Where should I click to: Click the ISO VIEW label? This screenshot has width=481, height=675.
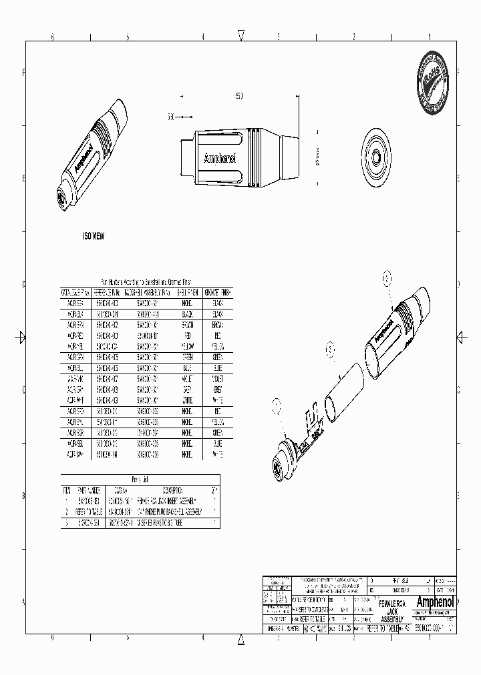point(93,237)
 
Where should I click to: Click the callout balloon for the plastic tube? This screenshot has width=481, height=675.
point(329,348)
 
